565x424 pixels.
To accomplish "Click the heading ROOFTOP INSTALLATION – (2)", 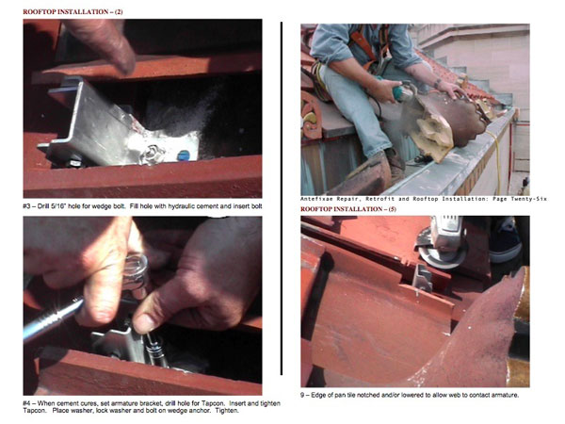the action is tap(73, 12).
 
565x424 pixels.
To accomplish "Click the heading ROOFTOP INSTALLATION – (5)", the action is tap(348, 209).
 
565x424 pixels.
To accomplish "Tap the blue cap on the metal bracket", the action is tap(184, 155).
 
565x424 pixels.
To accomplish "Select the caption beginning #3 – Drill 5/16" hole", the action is tap(142, 206).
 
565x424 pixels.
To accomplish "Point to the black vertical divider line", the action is tap(282, 198).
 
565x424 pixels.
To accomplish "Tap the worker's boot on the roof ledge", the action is tap(395, 164).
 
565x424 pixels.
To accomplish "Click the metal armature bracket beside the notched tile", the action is tap(424, 278).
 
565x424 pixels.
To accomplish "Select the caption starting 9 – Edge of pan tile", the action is tap(410, 395).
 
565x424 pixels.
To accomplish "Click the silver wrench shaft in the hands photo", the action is tap(52, 318).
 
